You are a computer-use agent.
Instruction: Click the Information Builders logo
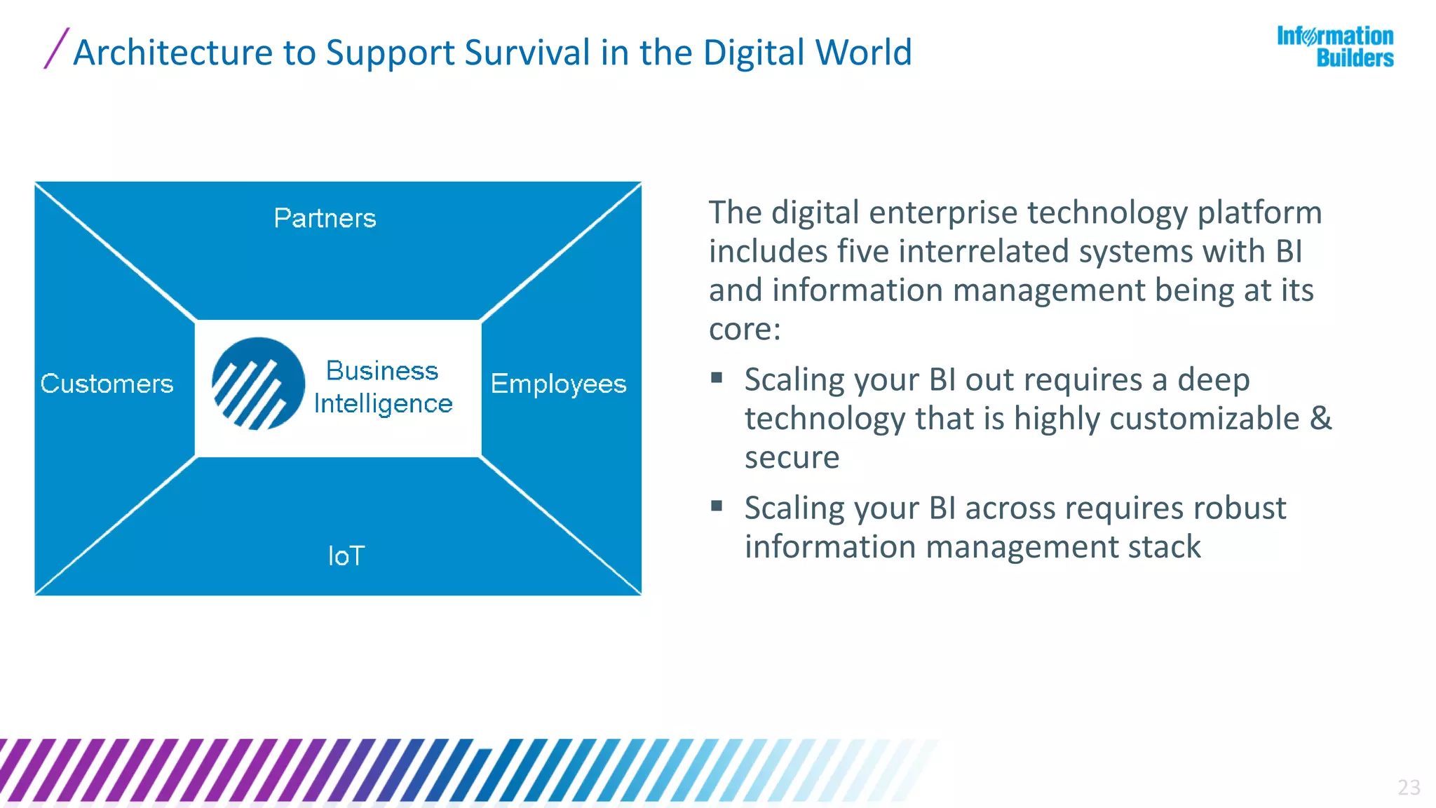(x=1335, y=47)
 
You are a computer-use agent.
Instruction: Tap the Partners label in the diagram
(x=325, y=218)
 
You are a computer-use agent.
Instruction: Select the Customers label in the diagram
(x=107, y=384)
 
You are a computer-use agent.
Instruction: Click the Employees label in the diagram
(x=558, y=384)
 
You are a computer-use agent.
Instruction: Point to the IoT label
(x=346, y=556)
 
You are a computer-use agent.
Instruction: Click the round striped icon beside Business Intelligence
(x=258, y=384)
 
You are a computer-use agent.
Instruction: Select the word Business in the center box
(x=382, y=370)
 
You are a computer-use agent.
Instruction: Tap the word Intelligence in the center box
(x=383, y=403)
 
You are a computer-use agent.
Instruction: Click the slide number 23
(x=1409, y=787)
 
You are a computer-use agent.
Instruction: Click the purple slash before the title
(x=56, y=48)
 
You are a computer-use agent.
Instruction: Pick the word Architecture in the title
(x=173, y=53)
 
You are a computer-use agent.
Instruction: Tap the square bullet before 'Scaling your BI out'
(x=717, y=378)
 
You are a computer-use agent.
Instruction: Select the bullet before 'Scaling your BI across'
(x=717, y=506)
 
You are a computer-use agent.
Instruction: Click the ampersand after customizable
(x=1321, y=418)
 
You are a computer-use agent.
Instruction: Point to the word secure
(x=792, y=457)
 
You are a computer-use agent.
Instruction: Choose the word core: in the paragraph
(x=745, y=329)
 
